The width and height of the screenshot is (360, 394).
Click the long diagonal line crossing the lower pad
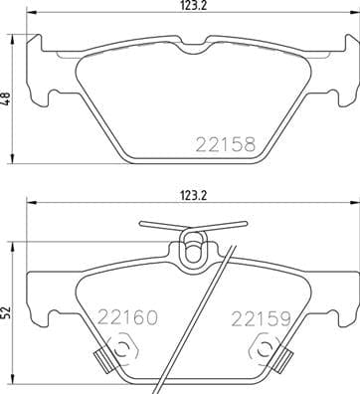[209, 318]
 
